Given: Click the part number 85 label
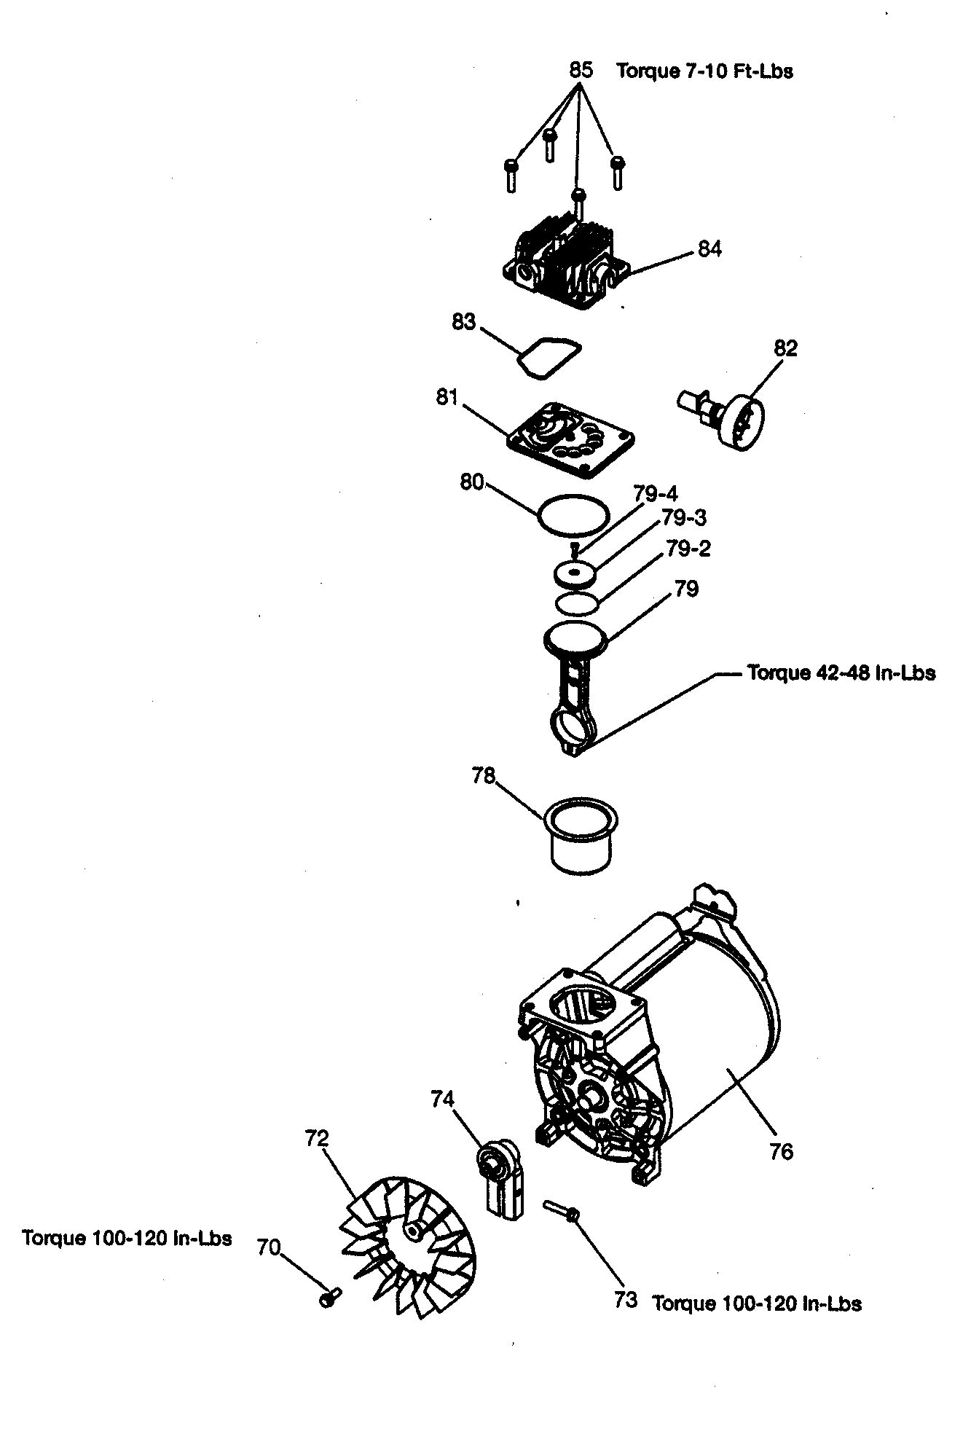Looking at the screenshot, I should [x=580, y=70].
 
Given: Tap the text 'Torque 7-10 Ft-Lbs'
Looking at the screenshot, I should [x=704, y=71].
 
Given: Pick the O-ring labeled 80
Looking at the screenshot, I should [x=573, y=515].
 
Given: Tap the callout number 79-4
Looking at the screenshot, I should [x=655, y=494].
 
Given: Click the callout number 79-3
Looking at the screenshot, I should [x=683, y=518].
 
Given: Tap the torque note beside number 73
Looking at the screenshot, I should [x=756, y=1303].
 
